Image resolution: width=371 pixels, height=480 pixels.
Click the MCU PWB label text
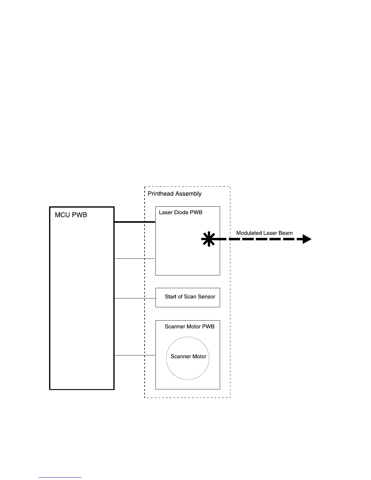coord(71,215)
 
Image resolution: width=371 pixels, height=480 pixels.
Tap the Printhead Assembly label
coord(175,194)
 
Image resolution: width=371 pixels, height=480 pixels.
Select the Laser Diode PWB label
coord(181,212)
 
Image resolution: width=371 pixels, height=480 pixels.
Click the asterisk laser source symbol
coord(208,239)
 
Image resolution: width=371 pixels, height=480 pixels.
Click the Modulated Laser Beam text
coord(264,233)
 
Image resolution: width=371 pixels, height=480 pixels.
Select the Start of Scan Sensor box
coord(188,297)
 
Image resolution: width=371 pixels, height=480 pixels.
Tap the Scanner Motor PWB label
coord(189,327)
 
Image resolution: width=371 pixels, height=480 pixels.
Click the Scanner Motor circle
coord(188,358)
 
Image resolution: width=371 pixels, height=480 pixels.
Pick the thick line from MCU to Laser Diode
coord(135,222)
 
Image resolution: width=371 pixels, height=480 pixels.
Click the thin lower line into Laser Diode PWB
coord(135,258)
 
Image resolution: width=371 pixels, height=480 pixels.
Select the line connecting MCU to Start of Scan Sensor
coord(135,298)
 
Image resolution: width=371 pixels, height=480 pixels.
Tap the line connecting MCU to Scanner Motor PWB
coord(135,355)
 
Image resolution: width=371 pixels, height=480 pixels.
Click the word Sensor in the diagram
coord(207,297)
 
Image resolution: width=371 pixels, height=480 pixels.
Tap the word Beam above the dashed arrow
coord(286,233)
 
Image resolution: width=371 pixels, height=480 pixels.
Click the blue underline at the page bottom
coord(60,477)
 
